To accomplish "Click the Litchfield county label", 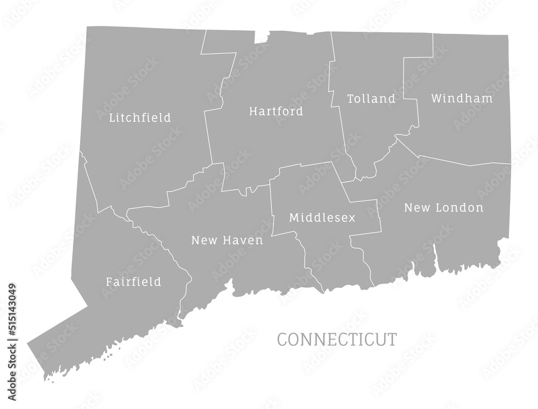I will pos(140,117).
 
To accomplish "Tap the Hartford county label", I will pos(276,111).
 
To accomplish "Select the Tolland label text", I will pos(371,99).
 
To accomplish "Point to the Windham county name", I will pos(462,98).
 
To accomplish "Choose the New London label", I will pos(443,208).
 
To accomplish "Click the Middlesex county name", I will pos(322,218).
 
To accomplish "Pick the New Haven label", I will pos(227,240).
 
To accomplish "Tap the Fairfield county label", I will pos(133,281).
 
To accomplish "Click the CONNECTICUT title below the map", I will pos(337,340).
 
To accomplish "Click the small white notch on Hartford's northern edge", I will pos(261,37).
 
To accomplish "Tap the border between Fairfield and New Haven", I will pos(161,248).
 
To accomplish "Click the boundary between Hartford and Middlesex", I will pos(301,165).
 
